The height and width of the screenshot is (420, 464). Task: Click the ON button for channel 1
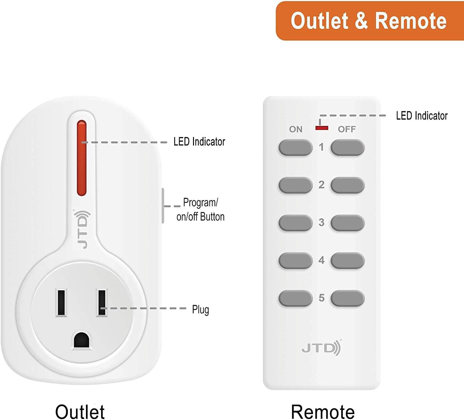pos(295,147)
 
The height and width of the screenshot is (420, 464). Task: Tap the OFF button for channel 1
pos(347,147)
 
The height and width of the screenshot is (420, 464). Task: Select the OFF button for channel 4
pos(347,260)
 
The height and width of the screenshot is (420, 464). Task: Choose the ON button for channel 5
pos(295,298)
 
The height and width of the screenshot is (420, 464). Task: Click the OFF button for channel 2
pos(347,185)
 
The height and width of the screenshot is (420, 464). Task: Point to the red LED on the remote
pos(321,128)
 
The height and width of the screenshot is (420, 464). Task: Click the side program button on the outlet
pos(163,206)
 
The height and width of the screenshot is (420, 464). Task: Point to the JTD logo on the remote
pos(321,348)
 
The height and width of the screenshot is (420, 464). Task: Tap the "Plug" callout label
pos(200,310)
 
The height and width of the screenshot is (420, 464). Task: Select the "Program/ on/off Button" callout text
pos(200,209)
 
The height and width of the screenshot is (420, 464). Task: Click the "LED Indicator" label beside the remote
pos(422,116)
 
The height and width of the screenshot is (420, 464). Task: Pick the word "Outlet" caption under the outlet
pos(80,411)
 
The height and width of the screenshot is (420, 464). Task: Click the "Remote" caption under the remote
pos(323,411)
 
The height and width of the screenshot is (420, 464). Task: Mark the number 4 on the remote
pos(321,260)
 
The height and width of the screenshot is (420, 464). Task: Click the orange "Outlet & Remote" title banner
pos(369,21)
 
